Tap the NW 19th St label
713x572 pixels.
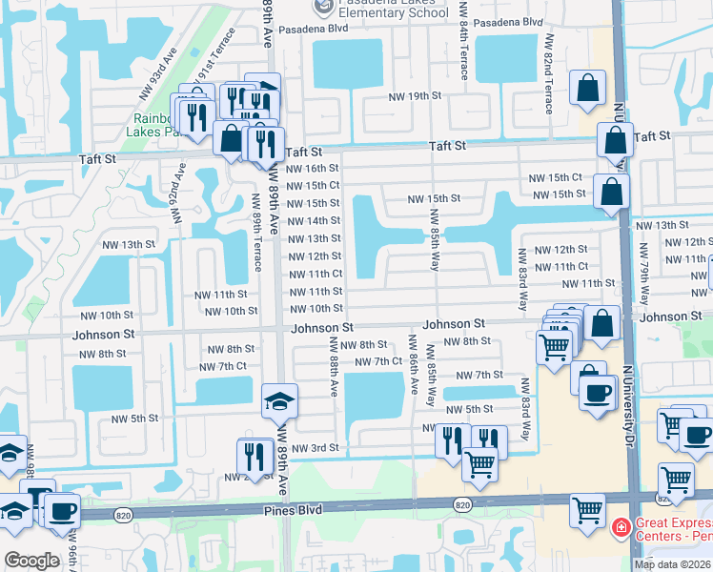(416, 96)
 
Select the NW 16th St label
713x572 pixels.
(314, 168)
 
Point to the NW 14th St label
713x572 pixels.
(314, 221)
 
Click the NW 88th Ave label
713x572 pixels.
(334, 366)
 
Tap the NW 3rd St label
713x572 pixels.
(316, 448)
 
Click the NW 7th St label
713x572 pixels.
(479, 376)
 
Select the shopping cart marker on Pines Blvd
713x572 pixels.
(587, 509)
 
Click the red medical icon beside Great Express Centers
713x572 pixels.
(621, 526)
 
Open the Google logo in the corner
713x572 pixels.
(31, 561)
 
